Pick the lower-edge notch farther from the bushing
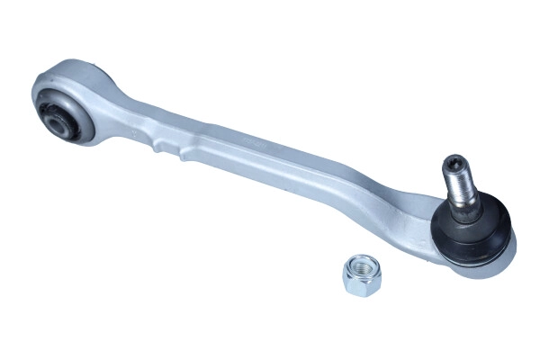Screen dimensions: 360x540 click(184, 156)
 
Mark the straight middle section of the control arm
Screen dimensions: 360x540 click(270, 162)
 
